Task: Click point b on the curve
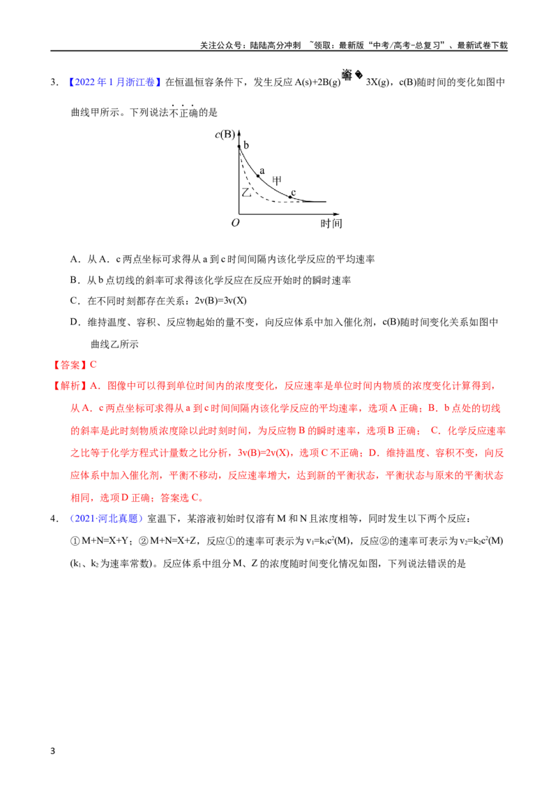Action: click(x=239, y=147)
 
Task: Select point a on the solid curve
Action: click(x=259, y=176)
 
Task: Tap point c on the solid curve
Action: click(x=290, y=197)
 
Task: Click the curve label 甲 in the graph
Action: click(x=276, y=180)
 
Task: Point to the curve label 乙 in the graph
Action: click(x=246, y=192)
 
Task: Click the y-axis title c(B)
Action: click(x=225, y=135)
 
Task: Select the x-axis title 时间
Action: click(x=331, y=223)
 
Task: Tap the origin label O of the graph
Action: click(x=235, y=223)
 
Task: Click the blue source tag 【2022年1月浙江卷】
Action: click(x=114, y=82)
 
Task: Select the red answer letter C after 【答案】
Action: click(x=93, y=365)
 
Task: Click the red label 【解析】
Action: click(x=70, y=386)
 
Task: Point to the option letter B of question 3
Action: click(x=73, y=280)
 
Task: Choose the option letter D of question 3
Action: click(x=73, y=322)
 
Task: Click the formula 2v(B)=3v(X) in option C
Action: click(x=220, y=301)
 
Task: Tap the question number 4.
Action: click(x=54, y=519)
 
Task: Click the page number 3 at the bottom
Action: click(x=53, y=751)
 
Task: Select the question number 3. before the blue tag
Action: click(x=54, y=82)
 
